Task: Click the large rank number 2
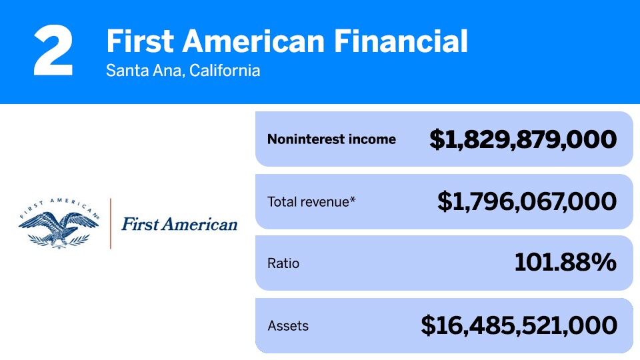click(x=53, y=50)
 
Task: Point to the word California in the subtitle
click(x=225, y=71)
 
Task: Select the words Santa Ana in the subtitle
click(x=145, y=71)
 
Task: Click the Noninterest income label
click(x=331, y=139)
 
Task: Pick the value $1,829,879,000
click(x=523, y=139)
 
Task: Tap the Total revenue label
click(x=308, y=201)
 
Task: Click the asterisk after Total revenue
click(x=353, y=199)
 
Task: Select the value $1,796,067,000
click(x=527, y=201)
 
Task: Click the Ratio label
click(x=283, y=263)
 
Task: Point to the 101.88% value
click(x=565, y=262)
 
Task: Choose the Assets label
click(x=288, y=326)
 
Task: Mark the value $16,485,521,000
click(x=519, y=326)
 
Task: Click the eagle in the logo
click(x=59, y=228)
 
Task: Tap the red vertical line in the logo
click(x=110, y=224)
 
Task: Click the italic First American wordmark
click(x=179, y=224)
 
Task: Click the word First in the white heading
click(x=140, y=41)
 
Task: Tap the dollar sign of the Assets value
click(x=428, y=326)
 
